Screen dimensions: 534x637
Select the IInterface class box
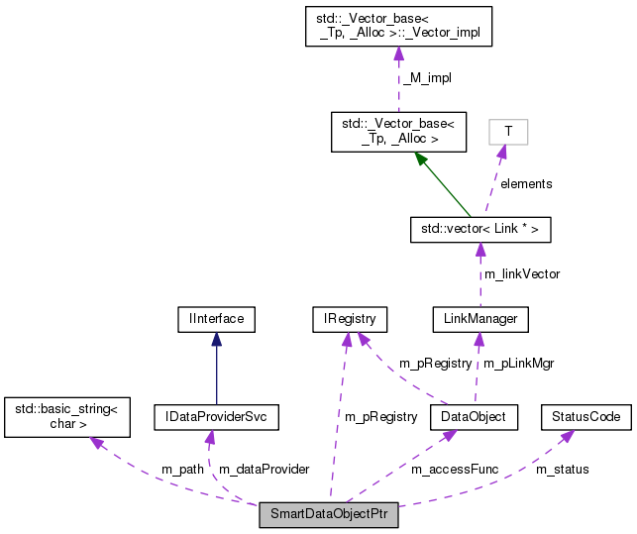[215, 319]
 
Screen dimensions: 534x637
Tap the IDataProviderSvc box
[216, 418]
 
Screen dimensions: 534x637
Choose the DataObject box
[474, 418]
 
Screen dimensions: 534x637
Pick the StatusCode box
[585, 418]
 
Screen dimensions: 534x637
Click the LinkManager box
[480, 319]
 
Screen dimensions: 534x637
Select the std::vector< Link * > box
[480, 230]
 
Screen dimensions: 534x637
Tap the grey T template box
[508, 131]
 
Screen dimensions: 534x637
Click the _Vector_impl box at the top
[399, 27]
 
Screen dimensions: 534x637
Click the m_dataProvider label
[264, 468]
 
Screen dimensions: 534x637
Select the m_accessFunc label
[455, 468]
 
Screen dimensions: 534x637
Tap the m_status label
[562, 468]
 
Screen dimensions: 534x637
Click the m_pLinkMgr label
[518, 364]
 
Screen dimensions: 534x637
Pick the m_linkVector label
[520, 273]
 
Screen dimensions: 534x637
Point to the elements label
[525, 183]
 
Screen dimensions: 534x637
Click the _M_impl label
[427, 77]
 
